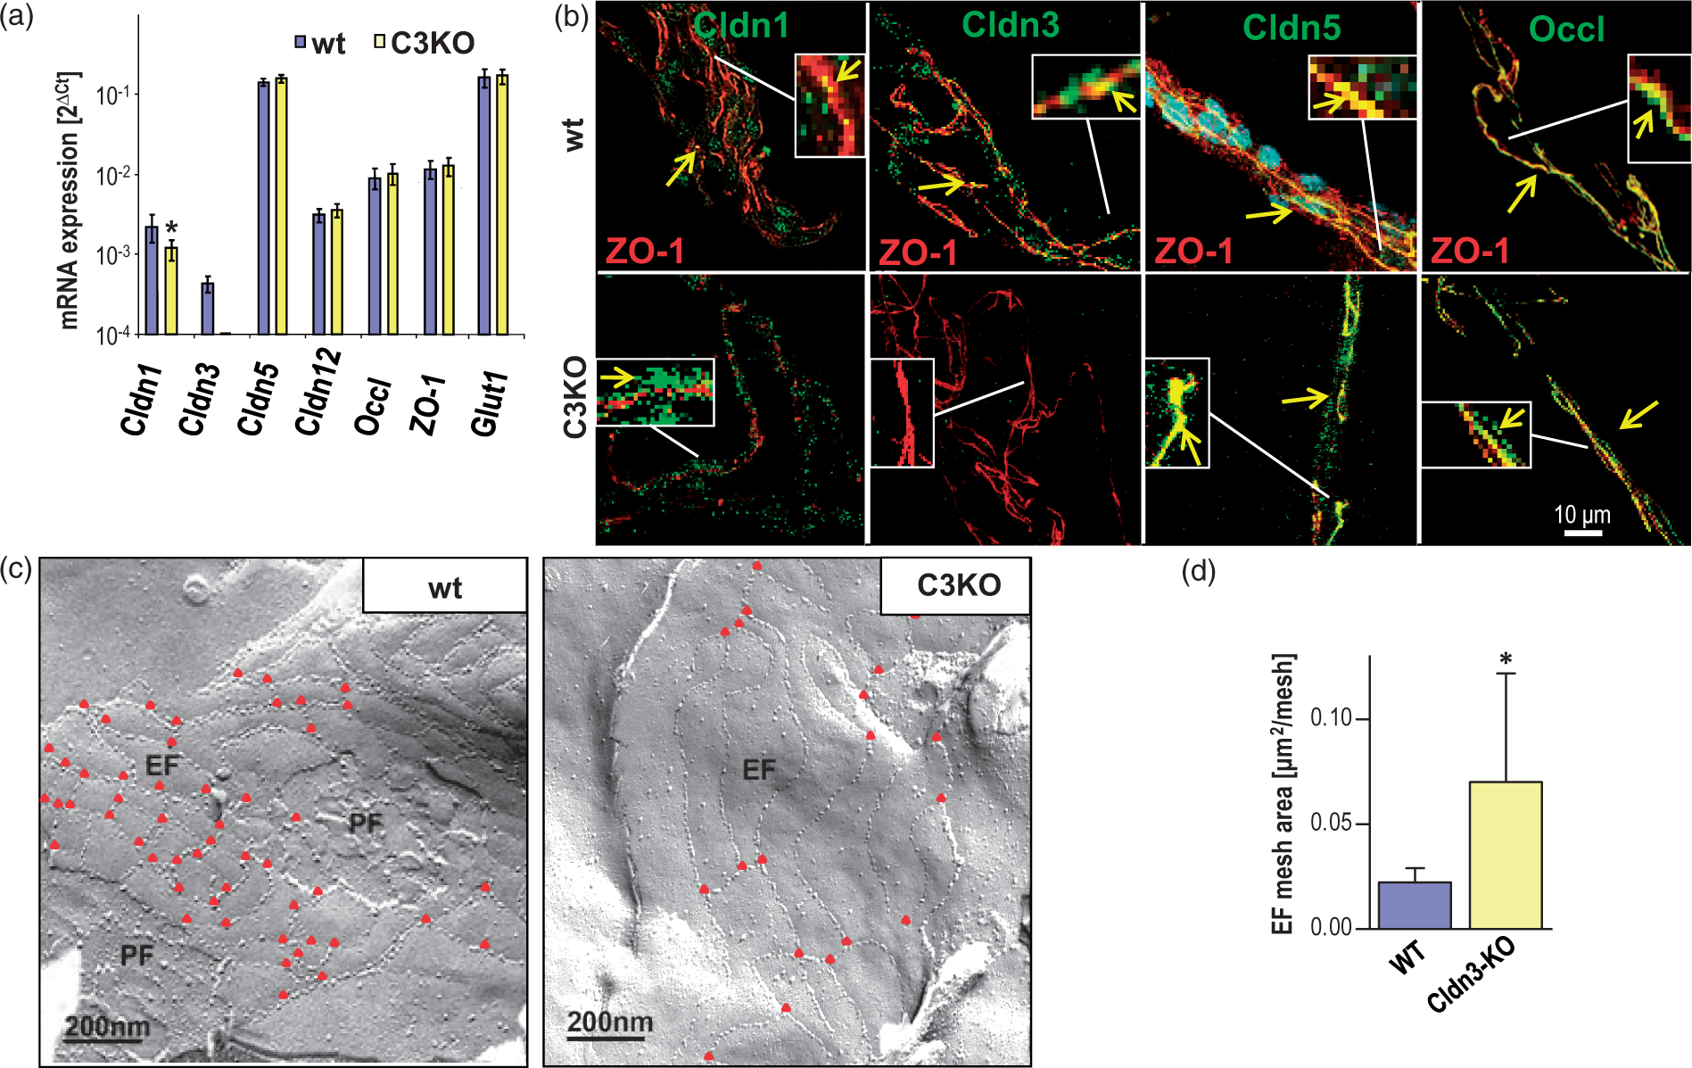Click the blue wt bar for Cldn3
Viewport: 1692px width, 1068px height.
tap(207, 309)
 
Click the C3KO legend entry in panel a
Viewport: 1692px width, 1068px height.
tap(425, 43)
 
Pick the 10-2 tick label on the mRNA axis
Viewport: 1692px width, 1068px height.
tap(114, 174)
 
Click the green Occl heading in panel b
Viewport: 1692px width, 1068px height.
tap(1566, 29)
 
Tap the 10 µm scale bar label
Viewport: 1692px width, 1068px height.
tap(1582, 515)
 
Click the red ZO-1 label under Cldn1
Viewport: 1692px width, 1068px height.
tap(646, 252)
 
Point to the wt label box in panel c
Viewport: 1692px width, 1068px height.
tap(445, 585)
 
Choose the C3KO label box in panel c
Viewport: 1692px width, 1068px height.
tap(956, 585)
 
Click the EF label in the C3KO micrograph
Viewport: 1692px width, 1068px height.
tap(759, 769)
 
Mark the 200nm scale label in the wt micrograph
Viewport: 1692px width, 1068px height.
tap(107, 1026)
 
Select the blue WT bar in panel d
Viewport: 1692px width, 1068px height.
tap(1415, 905)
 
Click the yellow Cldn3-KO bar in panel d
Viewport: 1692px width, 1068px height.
tap(1506, 855)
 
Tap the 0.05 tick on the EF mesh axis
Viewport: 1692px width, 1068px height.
tap(1331, 823)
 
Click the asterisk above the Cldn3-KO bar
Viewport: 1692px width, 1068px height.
tap(1506, 660)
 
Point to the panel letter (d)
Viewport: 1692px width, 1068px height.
tap(1198, 571)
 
